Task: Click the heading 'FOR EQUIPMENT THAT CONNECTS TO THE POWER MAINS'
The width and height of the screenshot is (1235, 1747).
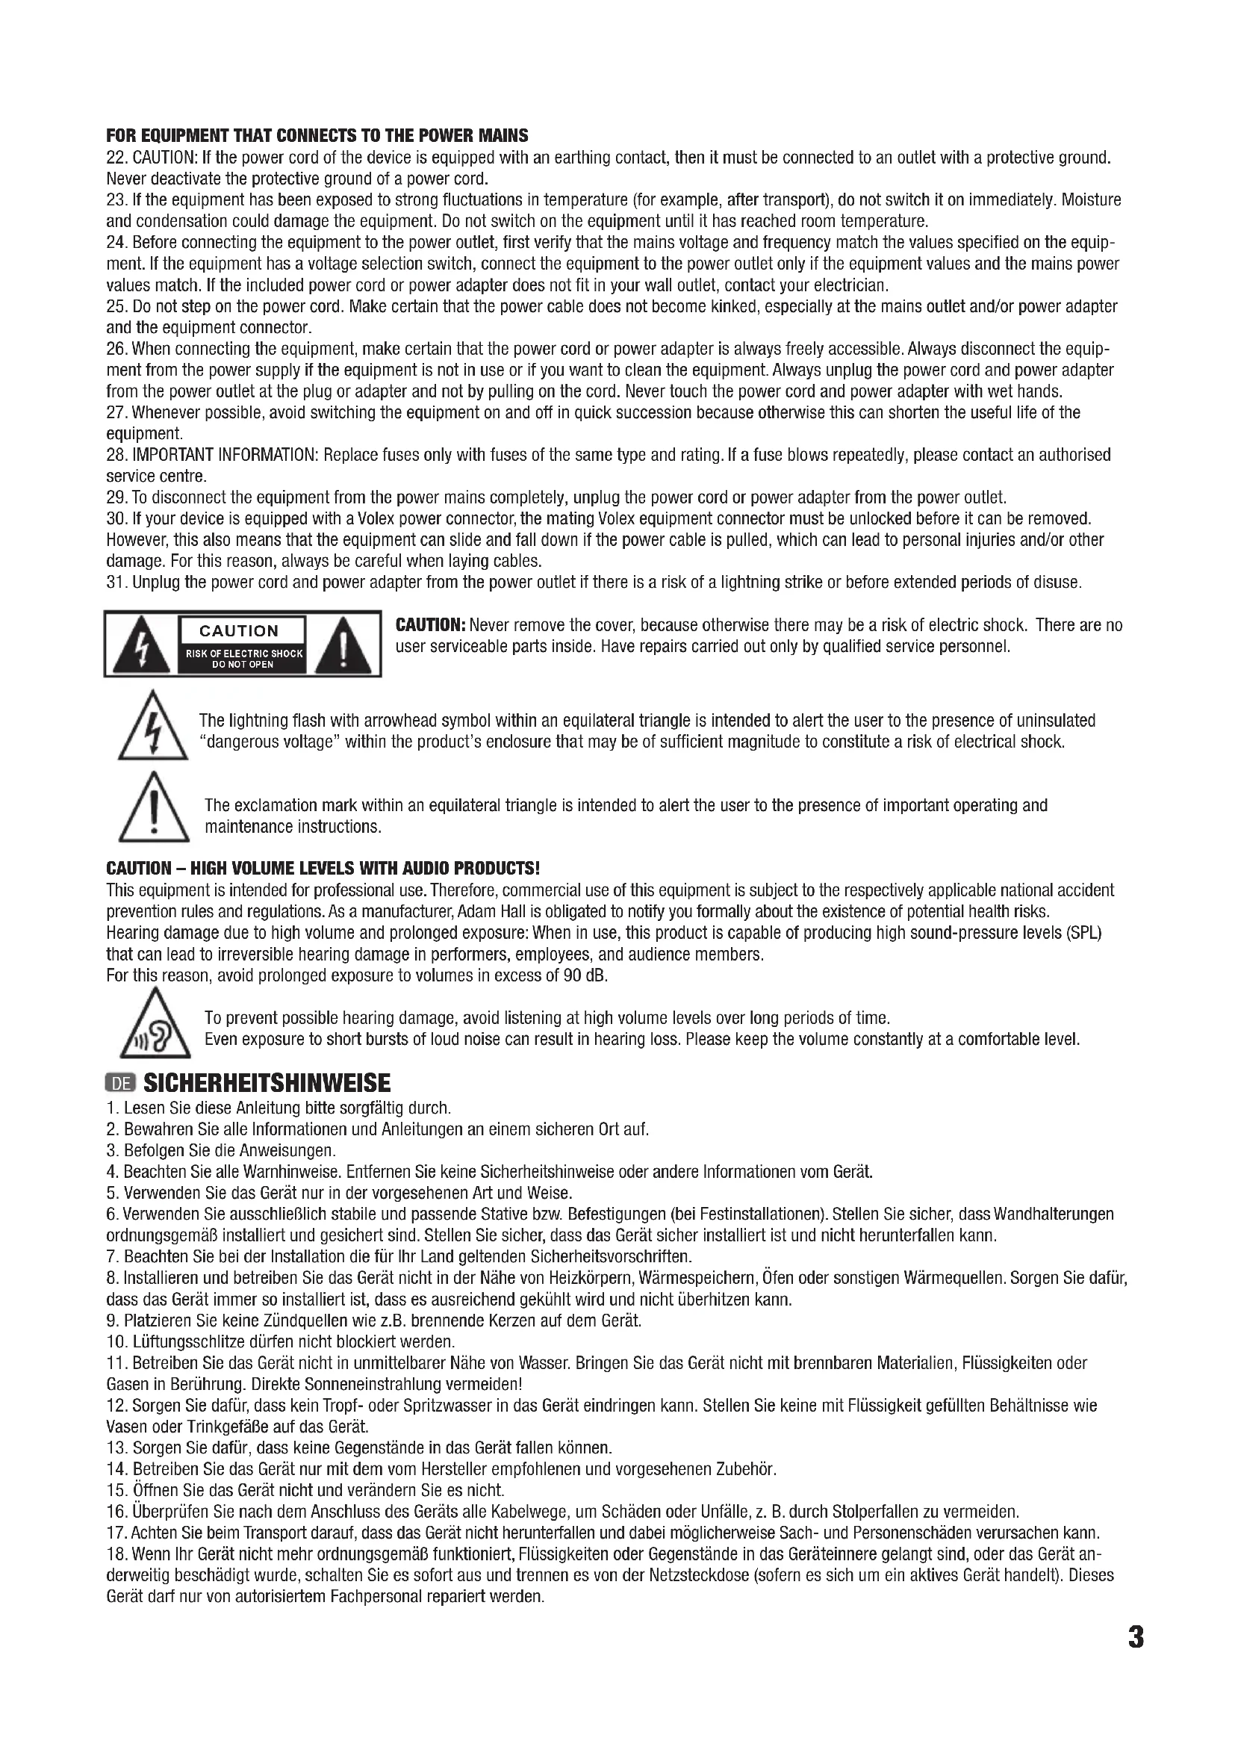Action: click(317, 136)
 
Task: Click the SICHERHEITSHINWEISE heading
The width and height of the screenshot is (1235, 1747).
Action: click(266, 1083)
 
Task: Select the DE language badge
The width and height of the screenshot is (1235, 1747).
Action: click(119, 1084)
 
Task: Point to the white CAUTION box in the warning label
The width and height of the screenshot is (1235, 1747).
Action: click(240, 631)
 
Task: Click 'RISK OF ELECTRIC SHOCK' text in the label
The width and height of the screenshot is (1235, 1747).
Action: click(243, 654)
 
